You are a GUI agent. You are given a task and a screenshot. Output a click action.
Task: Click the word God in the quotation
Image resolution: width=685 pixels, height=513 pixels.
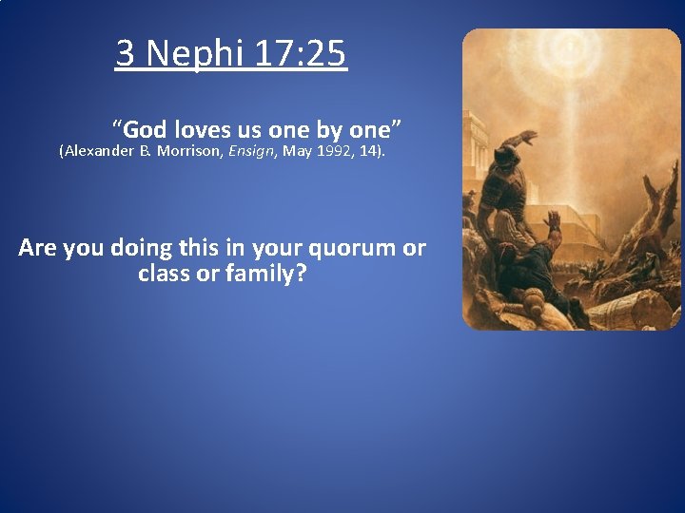coord(145,130)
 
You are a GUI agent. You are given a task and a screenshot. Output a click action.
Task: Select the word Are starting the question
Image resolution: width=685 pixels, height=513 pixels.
coord(38,249)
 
